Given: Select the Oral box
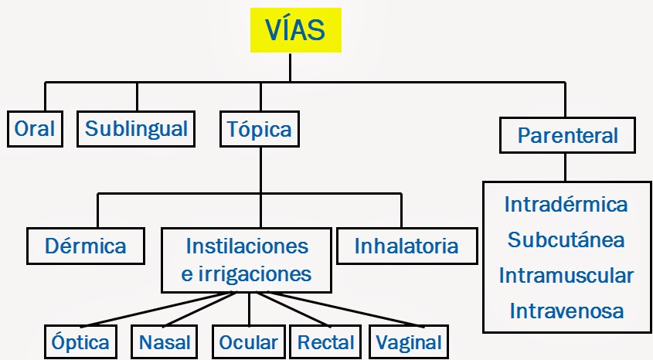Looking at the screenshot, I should click(35, 129).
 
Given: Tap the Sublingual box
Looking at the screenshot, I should click(136, 129).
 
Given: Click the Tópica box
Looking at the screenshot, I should click(260, 129).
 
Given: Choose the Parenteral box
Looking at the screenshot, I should click(567, 136).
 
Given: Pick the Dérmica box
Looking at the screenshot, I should click(85, 246).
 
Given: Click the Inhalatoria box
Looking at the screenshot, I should click(406, 246).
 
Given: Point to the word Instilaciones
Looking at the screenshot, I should click(247, 246).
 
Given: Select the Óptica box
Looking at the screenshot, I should click(80, 342).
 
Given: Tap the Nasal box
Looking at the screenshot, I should click(165, 342).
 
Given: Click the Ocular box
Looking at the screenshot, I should click(248, 342).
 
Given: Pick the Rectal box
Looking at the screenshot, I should click(326, 342).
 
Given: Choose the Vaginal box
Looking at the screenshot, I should click(409, 342).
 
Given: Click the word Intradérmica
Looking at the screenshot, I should click(566, 205).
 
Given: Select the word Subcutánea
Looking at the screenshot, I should click(566, 239).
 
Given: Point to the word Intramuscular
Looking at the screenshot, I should click(566, 275).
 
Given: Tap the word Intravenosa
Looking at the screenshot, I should click(566, 311).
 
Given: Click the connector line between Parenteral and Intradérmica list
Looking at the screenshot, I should click(566, 168).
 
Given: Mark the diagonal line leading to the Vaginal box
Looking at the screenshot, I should click(340, 311).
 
